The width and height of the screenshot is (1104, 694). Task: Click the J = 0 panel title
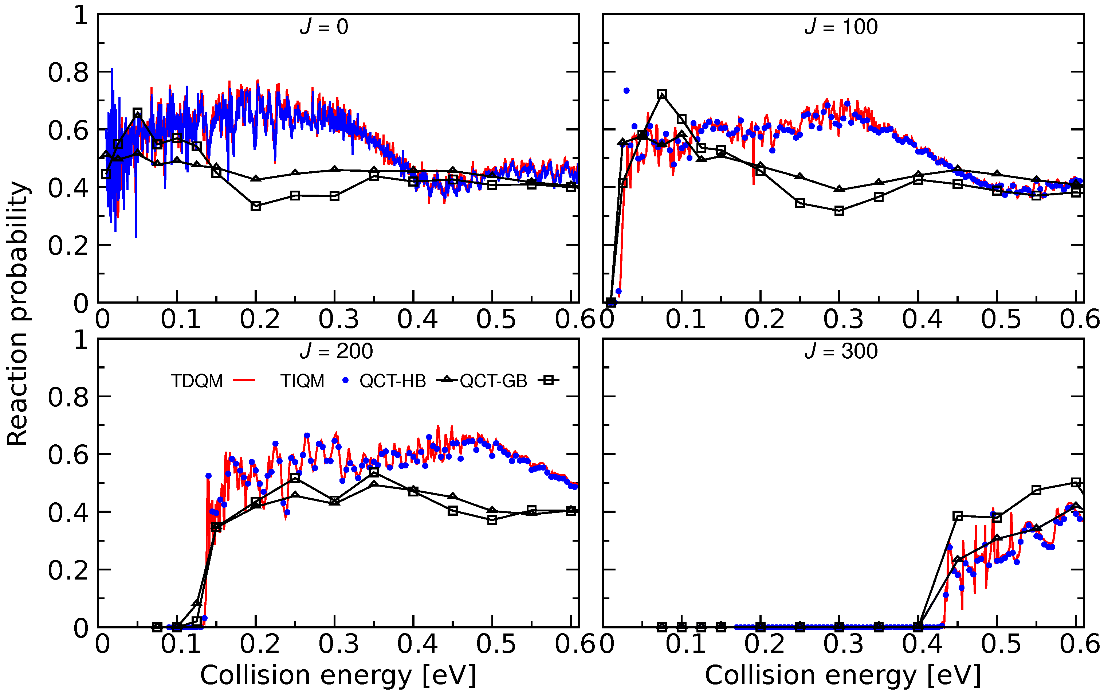click(x=324, y=27)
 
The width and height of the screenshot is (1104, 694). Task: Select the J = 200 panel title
click(x=337, y=351)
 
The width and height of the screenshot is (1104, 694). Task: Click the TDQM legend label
click(x=197, y=381)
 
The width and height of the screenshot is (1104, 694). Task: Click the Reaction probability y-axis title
click(x=17, y=314)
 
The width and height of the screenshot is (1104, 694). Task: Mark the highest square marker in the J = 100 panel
click(x=661, y=94)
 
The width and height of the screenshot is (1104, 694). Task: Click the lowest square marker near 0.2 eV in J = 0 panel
click(x=256, y=206)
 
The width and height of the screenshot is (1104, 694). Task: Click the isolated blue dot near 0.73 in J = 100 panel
click(x=626, y=90)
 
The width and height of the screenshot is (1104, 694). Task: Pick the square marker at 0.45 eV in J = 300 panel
click(x=957, y=516)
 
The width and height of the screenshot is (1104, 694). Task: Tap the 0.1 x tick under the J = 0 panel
click(x=181, y=319)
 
